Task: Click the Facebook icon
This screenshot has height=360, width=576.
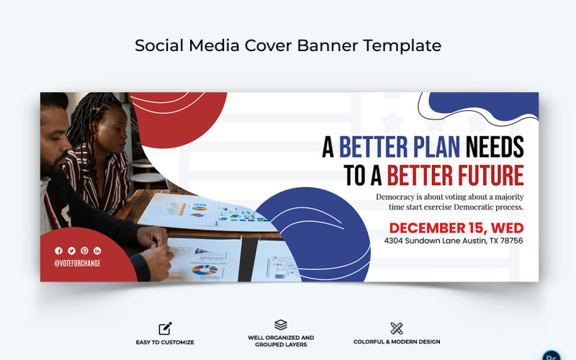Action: click(x=59, y=251)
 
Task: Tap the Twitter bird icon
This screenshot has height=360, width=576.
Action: click(x=71, y=251)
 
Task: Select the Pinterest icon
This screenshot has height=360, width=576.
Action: click(x=84, y=251)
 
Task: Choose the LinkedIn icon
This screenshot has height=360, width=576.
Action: click(x=97, y=251)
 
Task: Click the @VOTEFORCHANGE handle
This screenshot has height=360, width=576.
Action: click(x=78, y=264)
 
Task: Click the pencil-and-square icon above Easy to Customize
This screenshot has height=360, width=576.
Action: click(x=165, y=328)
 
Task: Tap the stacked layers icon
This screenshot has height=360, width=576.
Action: click(x=281, y=325)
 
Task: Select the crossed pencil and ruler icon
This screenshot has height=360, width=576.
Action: click(x=397, y=328)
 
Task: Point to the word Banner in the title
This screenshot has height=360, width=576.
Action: click(x=323, y=45)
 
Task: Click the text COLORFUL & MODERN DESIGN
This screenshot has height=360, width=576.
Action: click(x=397, y=342)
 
